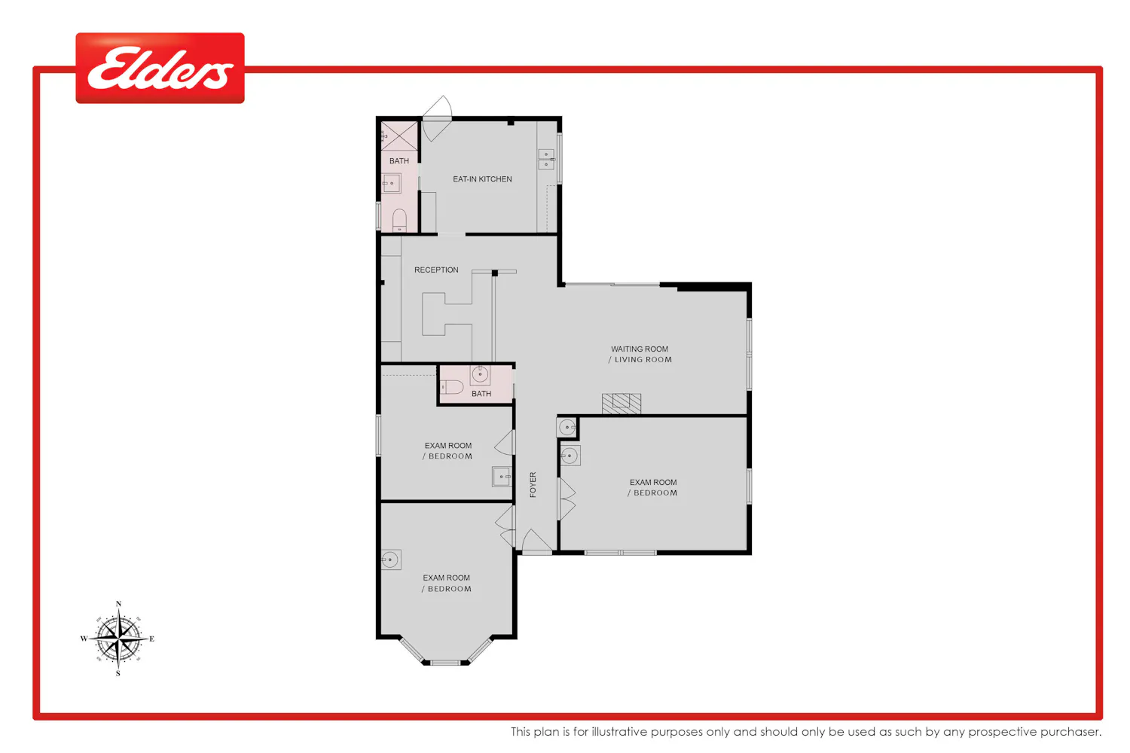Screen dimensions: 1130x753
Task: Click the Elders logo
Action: (x=160, y=68)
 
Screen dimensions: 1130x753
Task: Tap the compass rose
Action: (x=118, y=639)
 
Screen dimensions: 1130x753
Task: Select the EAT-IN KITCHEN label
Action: (x=482, y=179)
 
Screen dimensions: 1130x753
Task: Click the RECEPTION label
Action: (x=436, y=270)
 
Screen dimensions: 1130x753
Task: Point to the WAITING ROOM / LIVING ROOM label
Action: (x=640, y=354)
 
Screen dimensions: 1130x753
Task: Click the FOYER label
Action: (x=533, y=485)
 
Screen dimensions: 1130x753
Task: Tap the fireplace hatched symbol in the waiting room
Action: (x=621, y=404)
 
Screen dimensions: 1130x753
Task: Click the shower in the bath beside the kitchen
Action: (x=399, y=136)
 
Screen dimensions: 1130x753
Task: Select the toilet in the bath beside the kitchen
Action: (x=399, y=221)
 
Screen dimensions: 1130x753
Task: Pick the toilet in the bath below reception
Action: (x=452, y=387)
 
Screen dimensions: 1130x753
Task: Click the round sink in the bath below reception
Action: (x=480, y=375)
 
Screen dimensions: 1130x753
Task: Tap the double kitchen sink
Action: (x=546, y=159)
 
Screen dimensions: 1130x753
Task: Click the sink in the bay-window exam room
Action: (x=391, y=559)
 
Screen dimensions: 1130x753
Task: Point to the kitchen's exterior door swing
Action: (x=437, y=118)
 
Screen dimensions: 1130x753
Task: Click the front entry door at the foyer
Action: (x=536, y=541)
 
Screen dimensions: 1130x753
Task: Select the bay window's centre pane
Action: (x=446, y=662)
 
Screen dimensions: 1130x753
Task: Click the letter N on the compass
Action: (x=118, y=604)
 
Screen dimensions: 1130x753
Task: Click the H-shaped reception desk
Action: (x=447, y=314)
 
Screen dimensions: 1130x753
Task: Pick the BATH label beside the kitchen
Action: (x=399, y=161)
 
